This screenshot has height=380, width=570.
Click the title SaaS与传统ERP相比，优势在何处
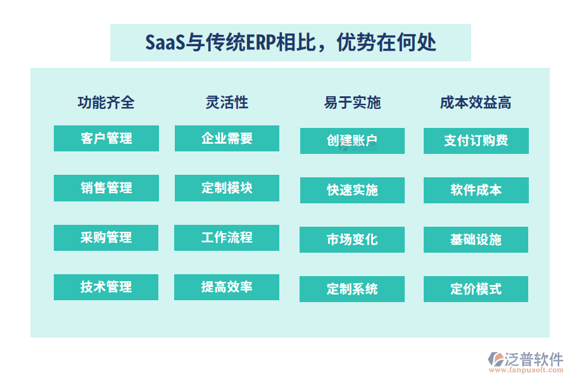click(x=290, y=43)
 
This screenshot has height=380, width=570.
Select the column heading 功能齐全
click(x=106, y=103)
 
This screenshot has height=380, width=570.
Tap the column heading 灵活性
click(x=227, y=102)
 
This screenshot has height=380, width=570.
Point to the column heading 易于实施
click(x=352, y=103)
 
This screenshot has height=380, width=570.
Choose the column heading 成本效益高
click(x=476, y=103)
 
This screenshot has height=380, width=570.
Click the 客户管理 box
click(x=106, y=138)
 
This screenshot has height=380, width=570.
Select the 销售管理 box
click(x=106, y=188)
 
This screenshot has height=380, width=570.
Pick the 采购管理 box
click(x=106, y=237)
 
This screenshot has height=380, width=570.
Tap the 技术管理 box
click(x=106, y=287)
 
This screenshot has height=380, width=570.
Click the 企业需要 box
click(x=227, y=138)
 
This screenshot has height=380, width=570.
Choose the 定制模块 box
click(x=227, y=188)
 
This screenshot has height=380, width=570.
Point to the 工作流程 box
click(x=227, y=237)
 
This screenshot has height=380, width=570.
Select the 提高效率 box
click(x=227, y=287)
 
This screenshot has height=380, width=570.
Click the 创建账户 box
click(x=352, y=141)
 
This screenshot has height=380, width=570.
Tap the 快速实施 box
click(x=352, y=190)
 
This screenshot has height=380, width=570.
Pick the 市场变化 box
click(x=352, y=239)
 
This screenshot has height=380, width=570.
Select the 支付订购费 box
click(x=476, y=141)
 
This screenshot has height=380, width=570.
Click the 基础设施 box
click(x=476, y=239)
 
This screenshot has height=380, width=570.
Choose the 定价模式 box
click(x=476, y=289)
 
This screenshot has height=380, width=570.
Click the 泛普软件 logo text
click(x=533, y=360)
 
